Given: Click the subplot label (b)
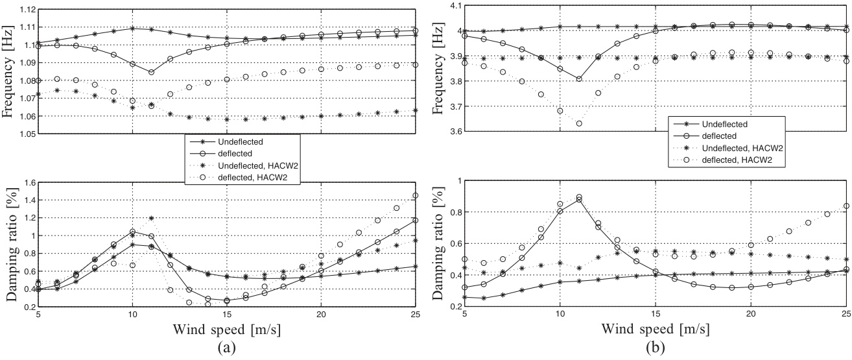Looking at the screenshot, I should click(657, 347).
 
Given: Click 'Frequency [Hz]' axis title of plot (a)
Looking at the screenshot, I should click(9, 71).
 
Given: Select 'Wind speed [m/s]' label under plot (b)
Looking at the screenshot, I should click(657, 328).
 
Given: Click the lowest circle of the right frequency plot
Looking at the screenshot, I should click(579, 124).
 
